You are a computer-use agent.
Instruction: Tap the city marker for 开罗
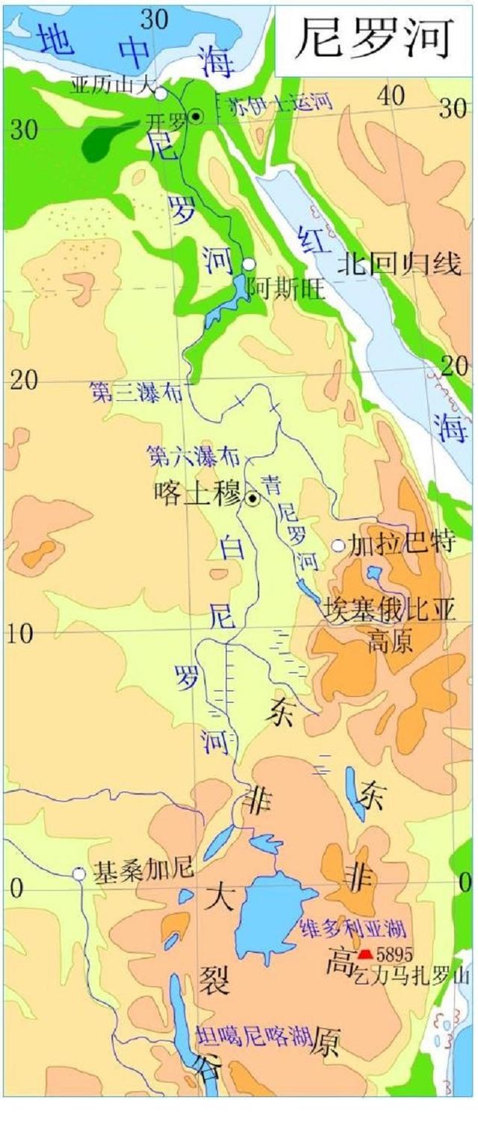point(196,116)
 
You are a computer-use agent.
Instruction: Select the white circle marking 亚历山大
point(161,93)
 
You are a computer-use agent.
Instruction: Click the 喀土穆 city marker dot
point(253,499)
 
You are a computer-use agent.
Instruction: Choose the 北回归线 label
point(399,264)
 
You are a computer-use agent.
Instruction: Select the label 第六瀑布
point(183,454)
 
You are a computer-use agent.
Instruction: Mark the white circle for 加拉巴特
point(338,546)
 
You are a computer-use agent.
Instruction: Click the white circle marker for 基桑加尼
point(78,874)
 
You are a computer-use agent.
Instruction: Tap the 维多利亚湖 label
point(352,929)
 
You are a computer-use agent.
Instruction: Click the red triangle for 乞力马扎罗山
point(365,954)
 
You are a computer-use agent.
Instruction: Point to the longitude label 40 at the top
point(391,96)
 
